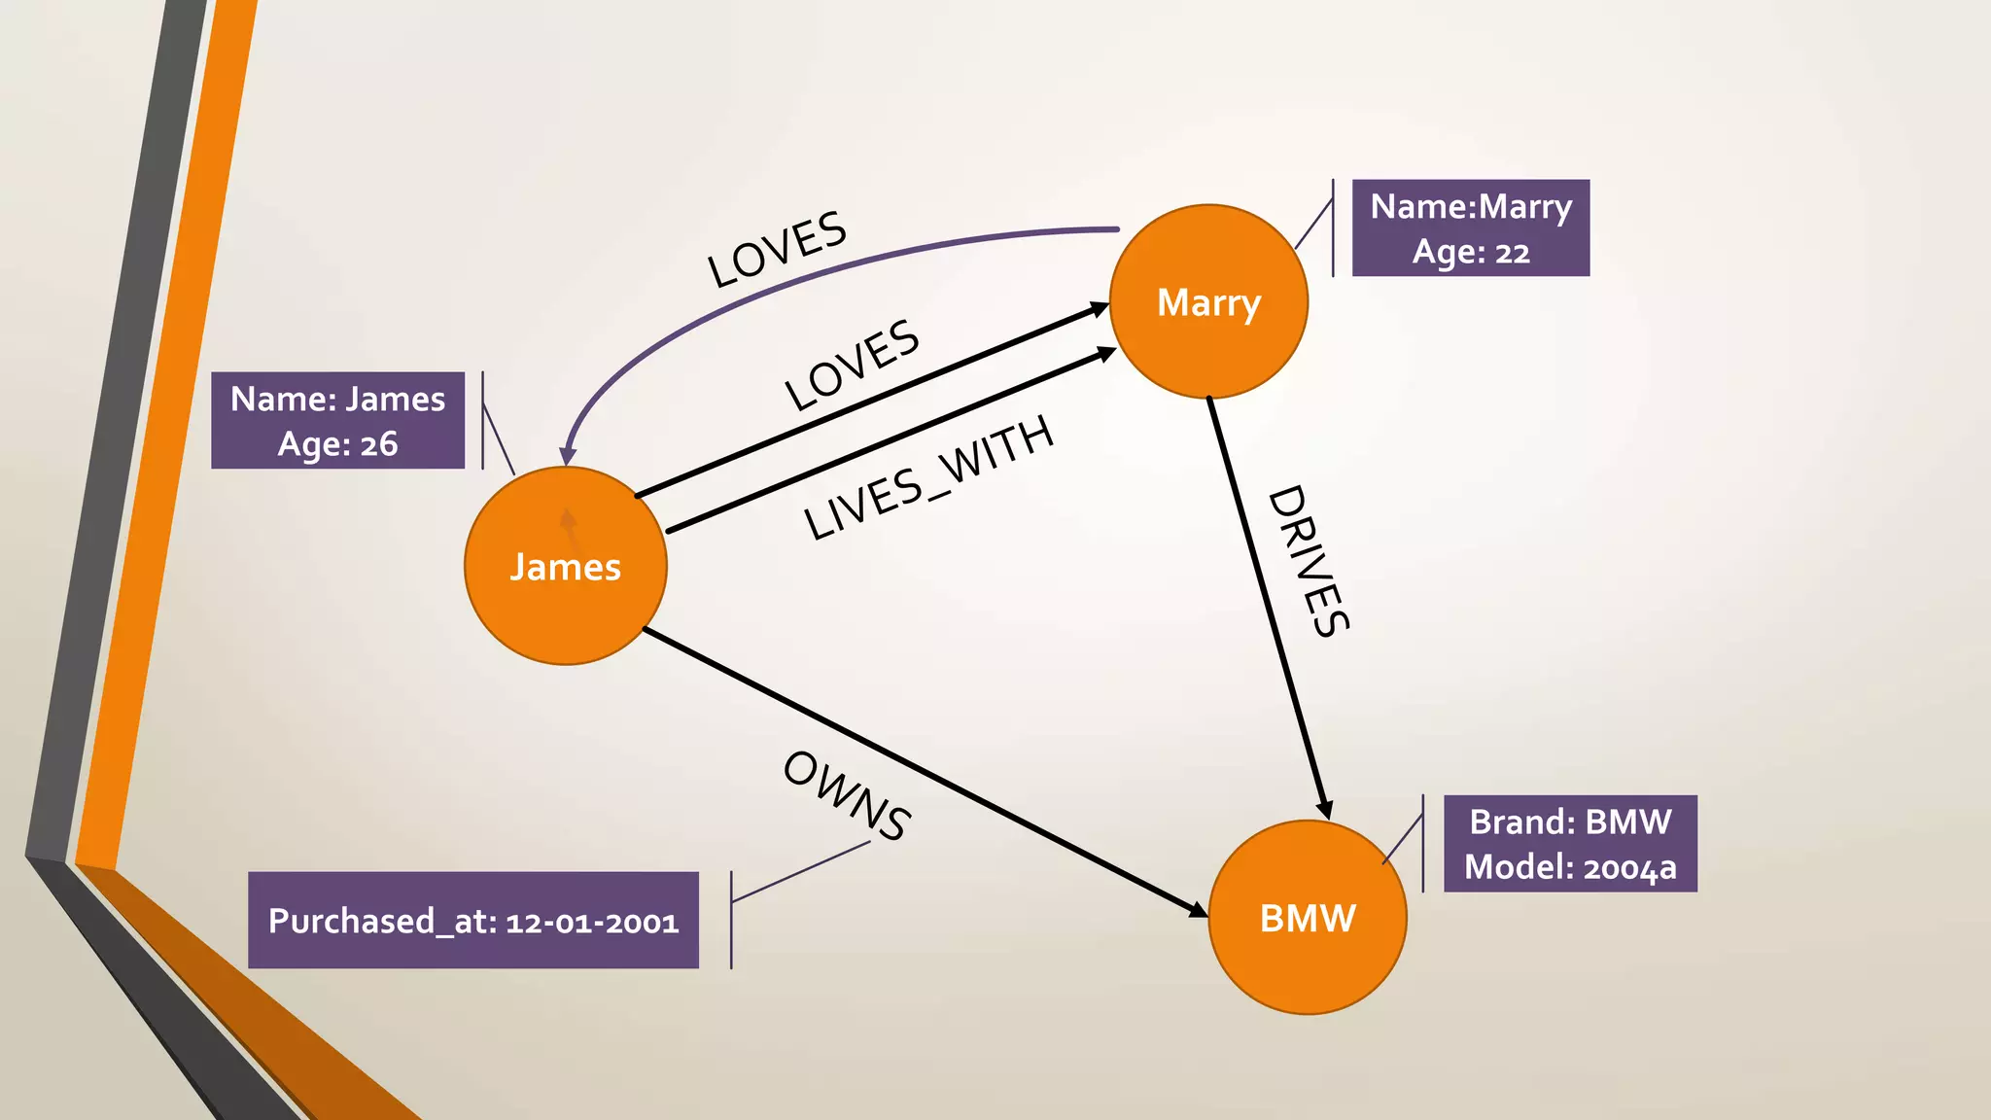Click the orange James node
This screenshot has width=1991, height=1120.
tap(565, 566)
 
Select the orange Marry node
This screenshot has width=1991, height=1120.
tap(1208, 301)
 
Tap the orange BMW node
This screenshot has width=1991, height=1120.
tap(1307, 918)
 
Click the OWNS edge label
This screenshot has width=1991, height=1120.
tap(846, 795)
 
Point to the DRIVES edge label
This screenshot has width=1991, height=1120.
tap(1309, 561)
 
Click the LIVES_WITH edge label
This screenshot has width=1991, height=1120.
tap(928, 477)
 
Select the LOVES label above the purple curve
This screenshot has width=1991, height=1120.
tap(776, 249)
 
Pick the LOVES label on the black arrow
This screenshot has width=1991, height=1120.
tap(852, 365)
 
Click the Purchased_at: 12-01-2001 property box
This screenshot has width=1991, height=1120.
tap(473, 920)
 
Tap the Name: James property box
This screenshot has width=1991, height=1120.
tap(337, 420)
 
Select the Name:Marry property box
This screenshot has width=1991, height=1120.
tap(1470, 227)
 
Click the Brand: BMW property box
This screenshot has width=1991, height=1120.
tap(1569, 843)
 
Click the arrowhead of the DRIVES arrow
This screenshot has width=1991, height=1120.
tap(1324, 809)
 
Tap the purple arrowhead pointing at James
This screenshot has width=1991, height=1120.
tap(568, 455)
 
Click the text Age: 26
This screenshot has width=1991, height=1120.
tap(337, 444)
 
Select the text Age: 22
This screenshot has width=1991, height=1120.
tap(1470, 252)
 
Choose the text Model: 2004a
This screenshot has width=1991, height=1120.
tap(1569, 866)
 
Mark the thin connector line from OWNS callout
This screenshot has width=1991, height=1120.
tap(800, 872)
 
